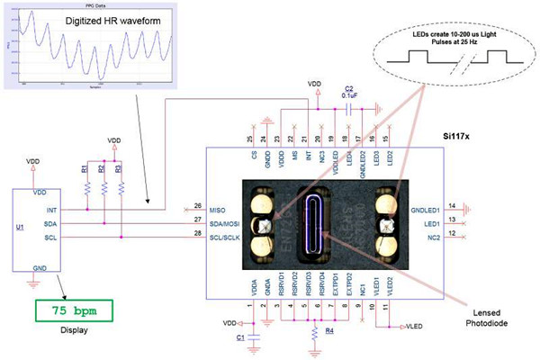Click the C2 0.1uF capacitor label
click(x=349, y=90)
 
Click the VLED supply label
click(x=418, y=326)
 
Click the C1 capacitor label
click(x=239, y=337)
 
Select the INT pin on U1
click(x=38, y=210)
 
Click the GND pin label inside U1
click(x=39, y=268)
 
